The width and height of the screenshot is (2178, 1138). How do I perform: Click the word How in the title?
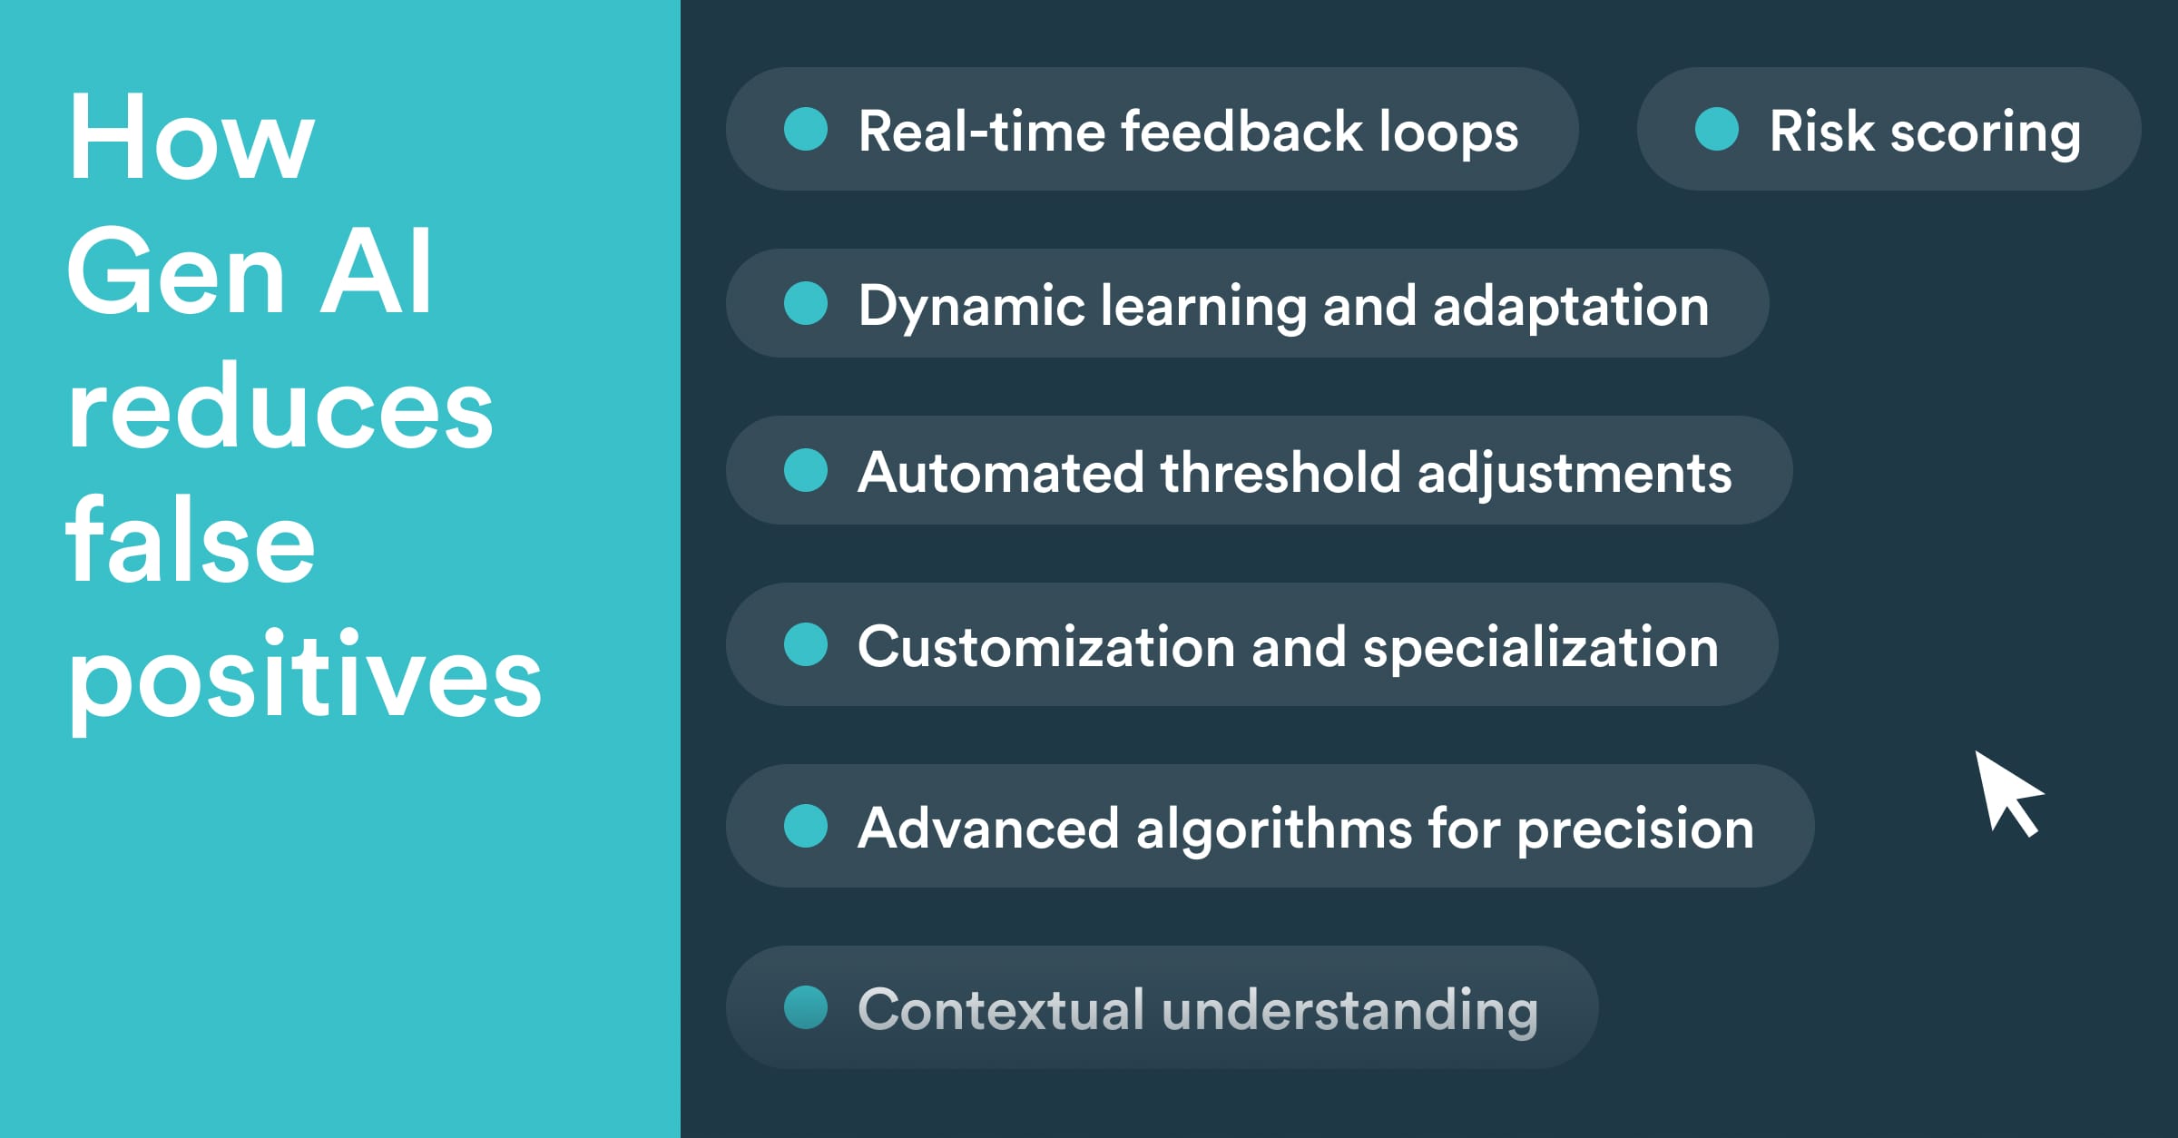tap(191, 138)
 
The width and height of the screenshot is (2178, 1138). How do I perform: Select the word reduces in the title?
tap(280, 407)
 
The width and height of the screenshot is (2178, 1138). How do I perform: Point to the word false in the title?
tap(191, 541)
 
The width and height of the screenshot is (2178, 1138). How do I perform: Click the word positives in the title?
tap(304, 677)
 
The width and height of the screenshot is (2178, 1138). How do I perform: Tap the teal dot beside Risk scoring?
tap(1717, 129)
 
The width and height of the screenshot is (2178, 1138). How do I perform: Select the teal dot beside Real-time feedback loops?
tap(806, 129)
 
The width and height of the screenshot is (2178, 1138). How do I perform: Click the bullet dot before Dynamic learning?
tap(806, 303)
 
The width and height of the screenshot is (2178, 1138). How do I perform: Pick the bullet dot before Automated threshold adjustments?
tap(806, 470)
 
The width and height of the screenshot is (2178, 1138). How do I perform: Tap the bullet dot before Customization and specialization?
tap(806, 644)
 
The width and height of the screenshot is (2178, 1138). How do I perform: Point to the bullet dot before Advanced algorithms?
tap(806, 826)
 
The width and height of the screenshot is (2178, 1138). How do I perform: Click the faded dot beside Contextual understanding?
tap(806, 1007)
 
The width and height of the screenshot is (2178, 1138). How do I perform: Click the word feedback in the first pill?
tap(1242, 131)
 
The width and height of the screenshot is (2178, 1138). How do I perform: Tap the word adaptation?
tap(1571, 306)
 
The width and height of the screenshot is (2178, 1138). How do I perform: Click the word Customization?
tap(1046, 647)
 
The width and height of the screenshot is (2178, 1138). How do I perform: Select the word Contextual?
tap(1001, 1009)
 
